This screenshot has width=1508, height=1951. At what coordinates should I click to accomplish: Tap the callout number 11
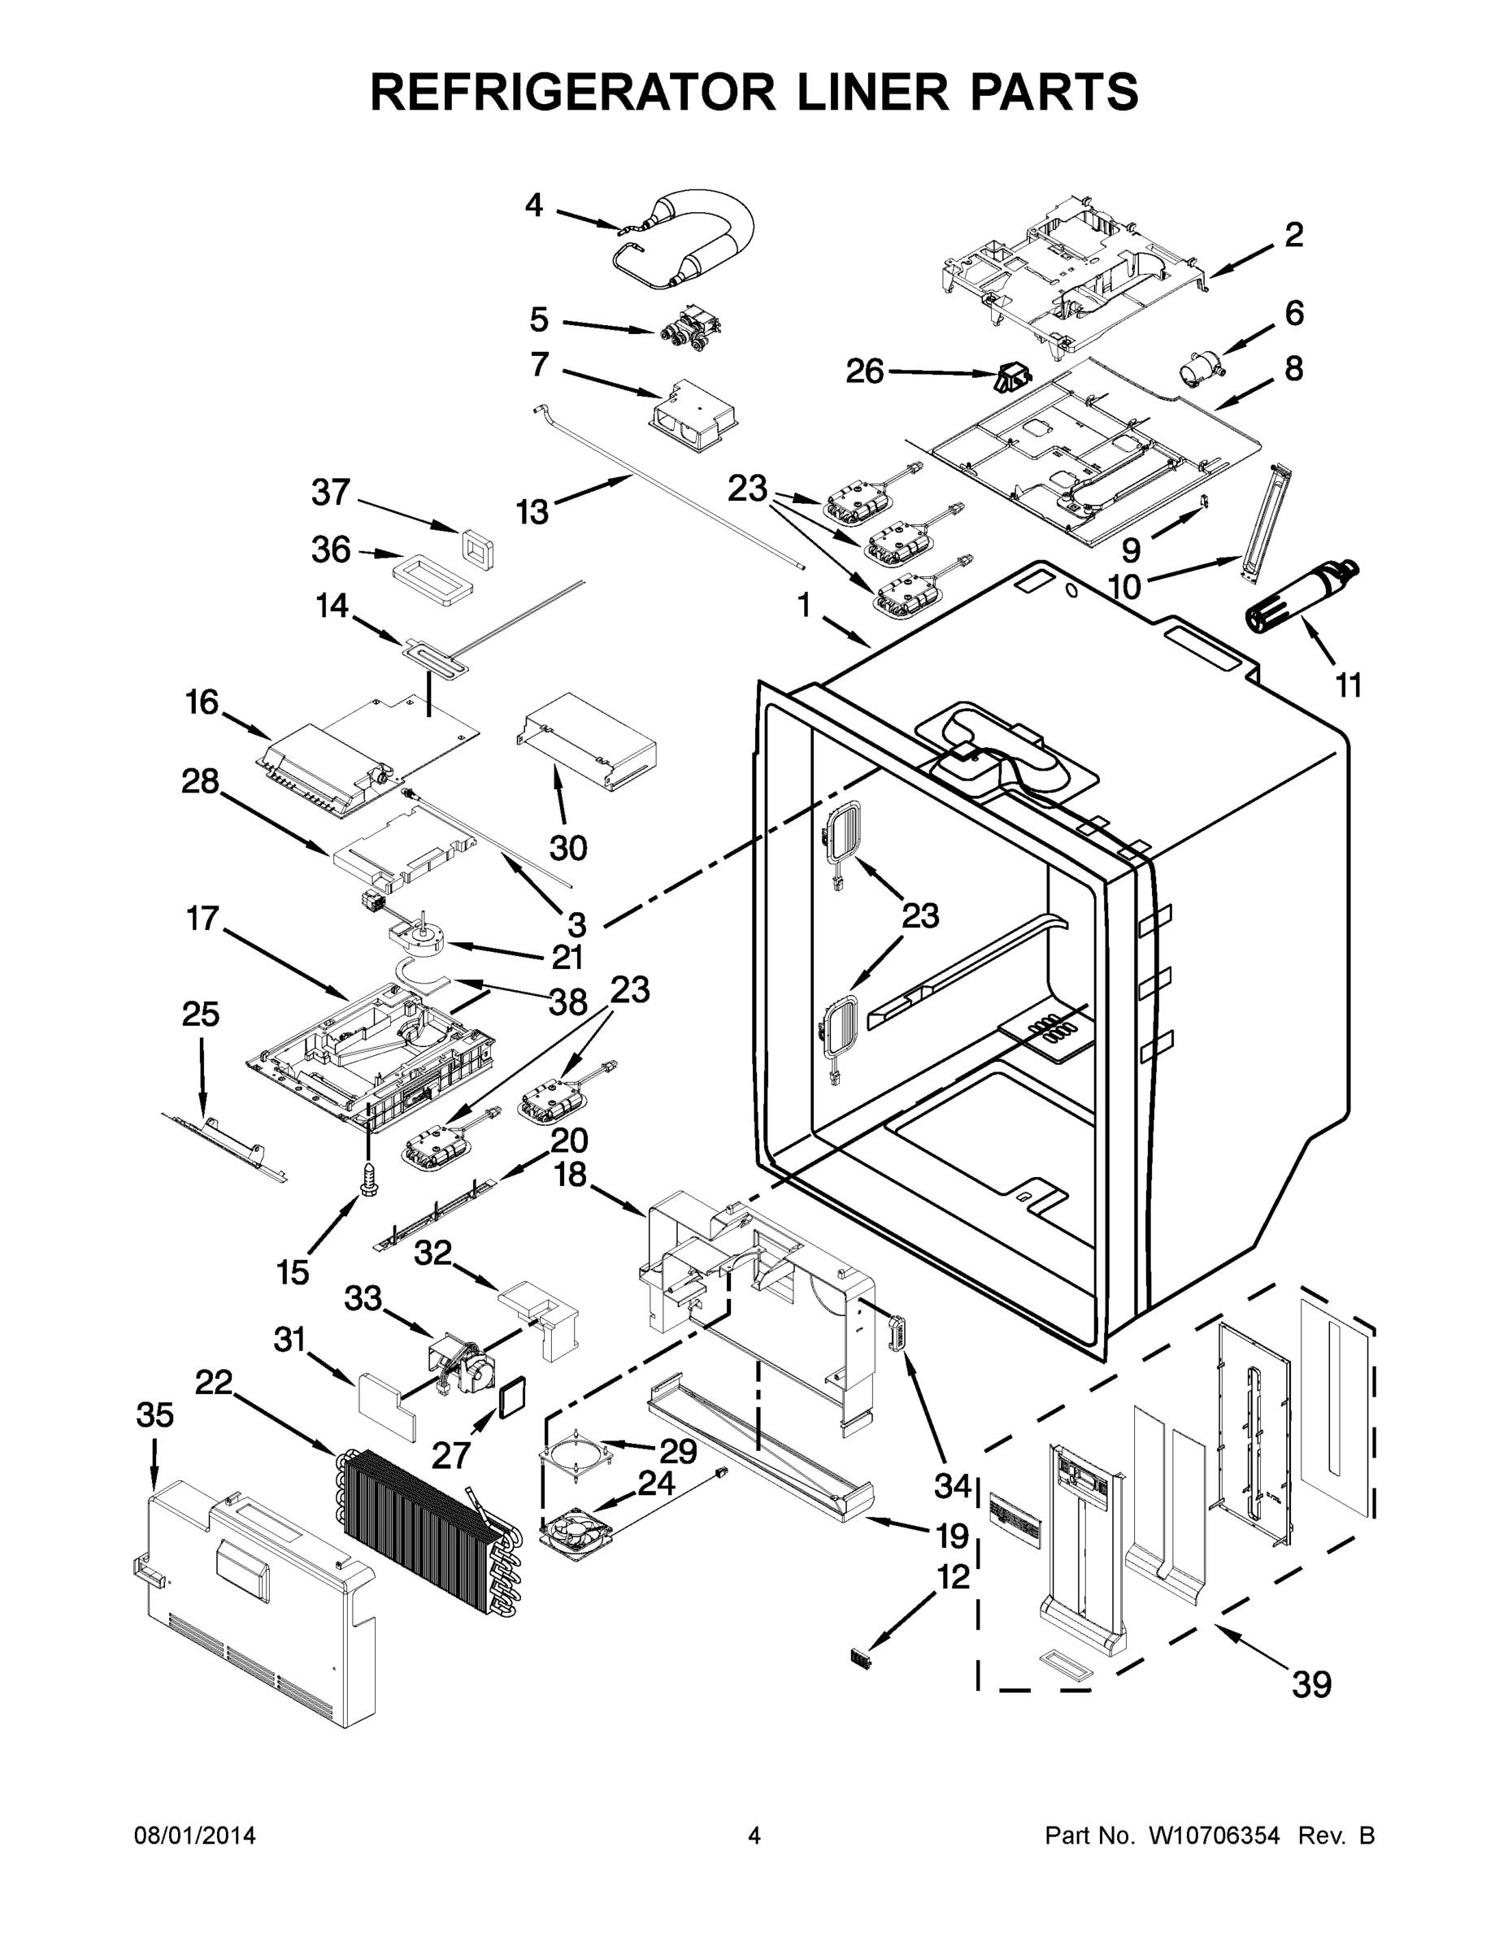1348,685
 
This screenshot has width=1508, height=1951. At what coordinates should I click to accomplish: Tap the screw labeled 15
367,1177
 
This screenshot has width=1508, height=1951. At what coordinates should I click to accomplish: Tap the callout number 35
154,1415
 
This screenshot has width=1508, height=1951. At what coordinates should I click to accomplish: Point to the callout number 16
202,702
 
